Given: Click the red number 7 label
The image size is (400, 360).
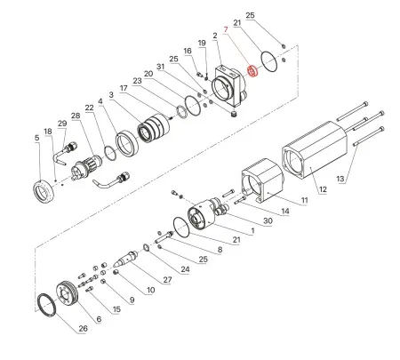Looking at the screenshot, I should [x=227, y=29].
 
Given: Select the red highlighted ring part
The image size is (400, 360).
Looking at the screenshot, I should [x=252, y=69].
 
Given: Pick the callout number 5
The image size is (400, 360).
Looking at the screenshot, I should [x=36, y=139].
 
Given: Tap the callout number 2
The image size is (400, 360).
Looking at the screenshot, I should [x=215, y=36].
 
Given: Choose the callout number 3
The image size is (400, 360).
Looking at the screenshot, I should [x=110, y=94].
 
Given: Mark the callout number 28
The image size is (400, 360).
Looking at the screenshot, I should [x=75, y=116].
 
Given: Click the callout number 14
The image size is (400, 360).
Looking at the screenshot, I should [x=285, y=211].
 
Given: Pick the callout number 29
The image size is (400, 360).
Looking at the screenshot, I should [x=61, y=123].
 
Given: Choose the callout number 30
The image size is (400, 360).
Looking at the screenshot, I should [x=268, y=220].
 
